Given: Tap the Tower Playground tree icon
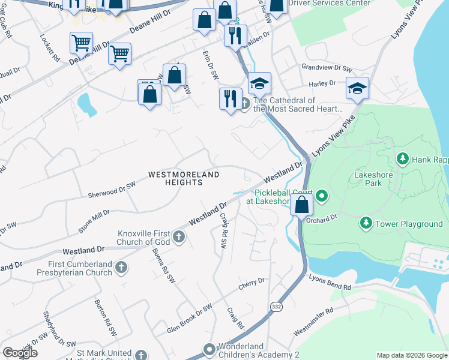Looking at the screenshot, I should (x=366, y=224).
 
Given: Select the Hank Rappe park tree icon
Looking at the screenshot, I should (x=402, y=160).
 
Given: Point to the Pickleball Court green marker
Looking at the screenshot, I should (x=322, y=196).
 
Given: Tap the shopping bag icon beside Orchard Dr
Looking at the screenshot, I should (x=301, y=205).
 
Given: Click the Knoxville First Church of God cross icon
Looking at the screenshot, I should (x=178, y=238).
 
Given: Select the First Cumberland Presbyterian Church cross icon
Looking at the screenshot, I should (x=121, y=267).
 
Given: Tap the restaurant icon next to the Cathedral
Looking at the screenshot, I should (x=230, y=98).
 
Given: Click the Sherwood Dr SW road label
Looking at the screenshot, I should (x=112, y=191).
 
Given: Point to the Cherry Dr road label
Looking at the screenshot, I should (x=252, y=282).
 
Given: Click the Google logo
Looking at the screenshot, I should (x=20, y=352).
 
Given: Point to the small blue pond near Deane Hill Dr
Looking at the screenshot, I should (x=86, y=104).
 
